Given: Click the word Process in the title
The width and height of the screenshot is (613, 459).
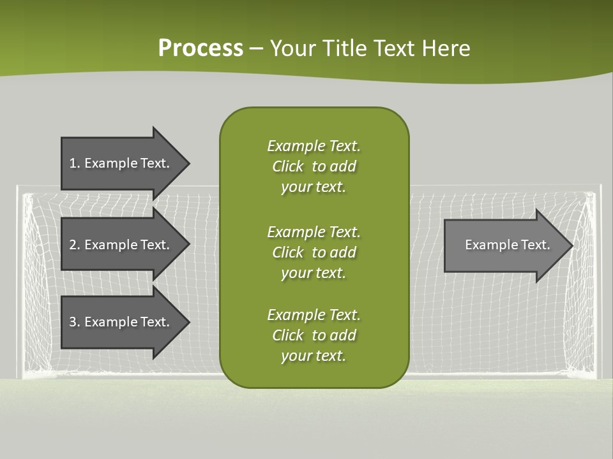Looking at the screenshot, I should tap(201, 48).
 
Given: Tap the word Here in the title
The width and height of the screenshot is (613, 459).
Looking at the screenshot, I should tap(446, 48).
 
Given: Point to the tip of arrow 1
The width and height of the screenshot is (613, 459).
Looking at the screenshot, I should tap(188, 163).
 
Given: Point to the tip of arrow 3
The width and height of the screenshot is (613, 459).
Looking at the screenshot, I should tap(188, 322).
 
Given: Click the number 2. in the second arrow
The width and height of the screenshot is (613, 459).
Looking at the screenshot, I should tap(74, 245).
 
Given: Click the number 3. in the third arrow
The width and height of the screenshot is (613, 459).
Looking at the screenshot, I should tap(74, 322).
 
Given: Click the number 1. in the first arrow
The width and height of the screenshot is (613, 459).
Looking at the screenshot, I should tap(74, 163).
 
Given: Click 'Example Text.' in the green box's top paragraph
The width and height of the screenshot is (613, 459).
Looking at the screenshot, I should tap(314, 146).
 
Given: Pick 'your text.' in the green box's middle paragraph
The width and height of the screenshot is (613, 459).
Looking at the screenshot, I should tap(314, 273).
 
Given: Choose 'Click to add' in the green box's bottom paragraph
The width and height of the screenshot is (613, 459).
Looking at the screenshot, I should tap(314, 335).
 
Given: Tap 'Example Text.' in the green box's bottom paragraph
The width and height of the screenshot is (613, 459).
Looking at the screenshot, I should tap(314, 315).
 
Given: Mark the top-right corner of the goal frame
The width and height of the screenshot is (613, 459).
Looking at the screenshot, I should tap(600, 187).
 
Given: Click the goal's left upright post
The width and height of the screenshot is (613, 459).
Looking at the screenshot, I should tap(19, 280).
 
